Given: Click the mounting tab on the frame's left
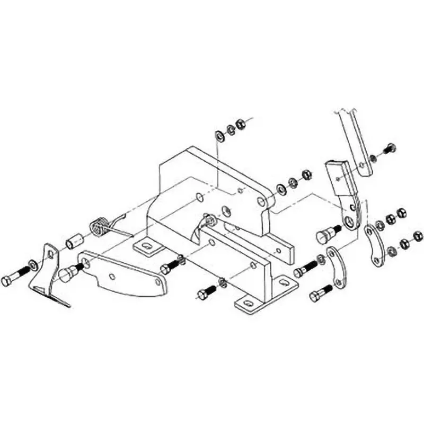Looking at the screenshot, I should (x=146, y=246).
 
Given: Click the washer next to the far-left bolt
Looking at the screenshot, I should (x=33, y=263).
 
